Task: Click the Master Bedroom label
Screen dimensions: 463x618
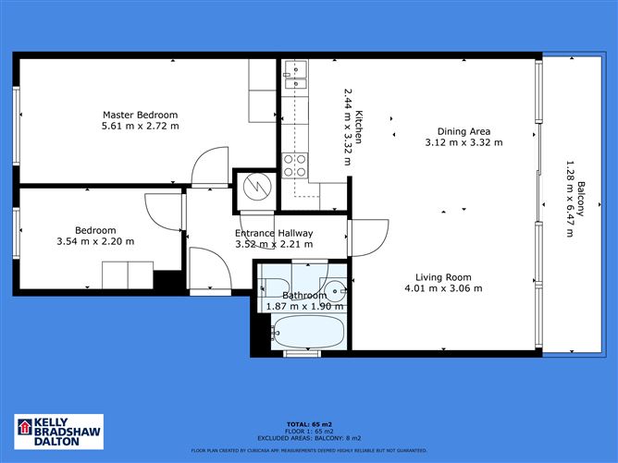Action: pyautogui.click(x=141, y=115)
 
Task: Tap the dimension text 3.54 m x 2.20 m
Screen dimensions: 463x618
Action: pyautogui.click(x=96, y=241)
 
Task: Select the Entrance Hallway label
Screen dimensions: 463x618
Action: pyautogui.click(x=274, y=233)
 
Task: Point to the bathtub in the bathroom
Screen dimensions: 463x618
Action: pyautogui.click(x=308, y=329)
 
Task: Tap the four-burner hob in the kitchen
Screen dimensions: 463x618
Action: pyautogui.click(x=294, y=165)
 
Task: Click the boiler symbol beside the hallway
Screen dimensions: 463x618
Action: pyautogui.click(x=253, y=188)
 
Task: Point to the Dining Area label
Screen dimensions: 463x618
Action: pyautogui.click(x=463, y=131)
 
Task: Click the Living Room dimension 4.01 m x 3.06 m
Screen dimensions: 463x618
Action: pyautogui.click(x=443, y=288)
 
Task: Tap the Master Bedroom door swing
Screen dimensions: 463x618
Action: pyautogui.click(x=209, y=166)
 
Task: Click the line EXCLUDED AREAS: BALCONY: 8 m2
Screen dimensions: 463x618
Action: pyautogui.click(x=308, y=440)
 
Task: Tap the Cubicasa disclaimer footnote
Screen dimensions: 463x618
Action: pyautogui.click(x=308, y=450)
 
